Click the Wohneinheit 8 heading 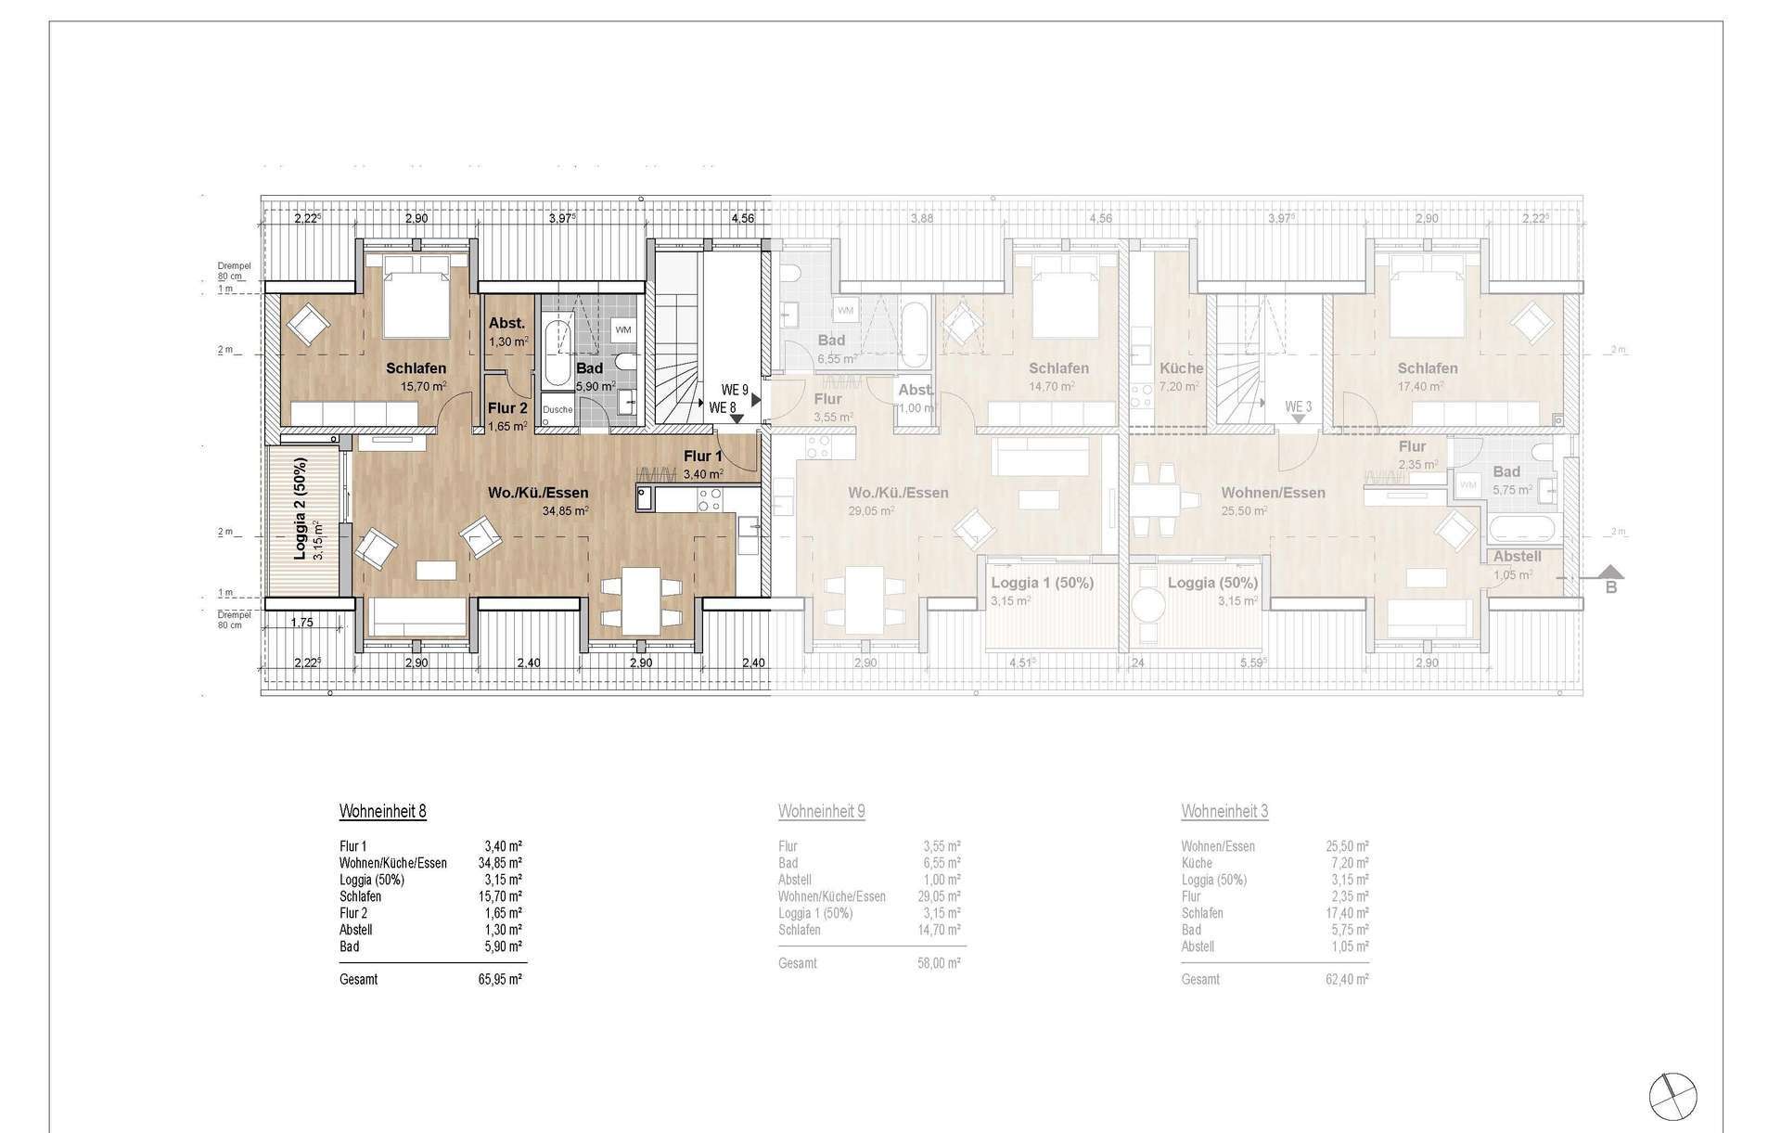pyautogui.click(x=383, y=812)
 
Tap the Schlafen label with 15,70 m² pyautogui.click(x=416, y=368)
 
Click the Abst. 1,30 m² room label pyautogui.click(x=507, y=324)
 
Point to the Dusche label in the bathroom pyautogui.click(x=557, y=409)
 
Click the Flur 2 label pyautogui.click(x=507, y=407)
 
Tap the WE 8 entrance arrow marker pyautogui.click(x=736, y=419)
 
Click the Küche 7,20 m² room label pyautogui.click(x=1181, y=368)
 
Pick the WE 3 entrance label pyautogui.click(x=1299, y=406)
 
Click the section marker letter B pyautogui.click(x=1611, y=586)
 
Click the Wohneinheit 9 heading pyautogui.click(x=822, y=812)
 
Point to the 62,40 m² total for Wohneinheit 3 pyautogui.click(x=1347, y=979)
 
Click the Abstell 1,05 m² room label pyautogui.click(x=1517, y=557)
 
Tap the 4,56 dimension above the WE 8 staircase pyautogui.click(x=742, y=219)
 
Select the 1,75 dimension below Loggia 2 pyautogui.click(x=302, y=623)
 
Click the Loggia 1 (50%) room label pyautogui.click(x=1042, y=583)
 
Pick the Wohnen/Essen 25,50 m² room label pyautogui.click(x=1273, y=493)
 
